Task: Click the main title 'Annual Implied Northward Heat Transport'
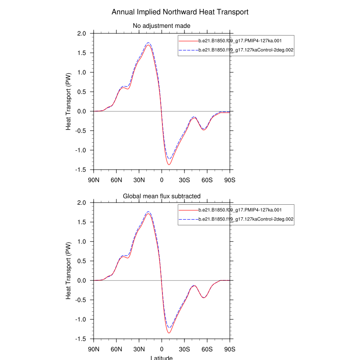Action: click(180, 12)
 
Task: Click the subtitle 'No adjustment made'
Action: click(162, 26)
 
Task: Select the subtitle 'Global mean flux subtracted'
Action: click(162, 196)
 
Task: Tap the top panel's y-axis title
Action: click(68, 102)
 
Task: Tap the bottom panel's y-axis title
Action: click(68, 271)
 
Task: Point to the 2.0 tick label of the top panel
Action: click(81, 34)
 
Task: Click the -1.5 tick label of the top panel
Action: click(81, 170)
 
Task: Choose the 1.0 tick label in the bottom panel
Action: click(81, 242)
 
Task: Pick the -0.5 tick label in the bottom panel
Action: click(81, 300)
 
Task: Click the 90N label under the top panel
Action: click(94, 180)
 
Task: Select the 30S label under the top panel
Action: click(184, 180)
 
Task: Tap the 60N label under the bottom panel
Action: click(117, 350)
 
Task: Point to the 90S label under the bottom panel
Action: click(230, 350)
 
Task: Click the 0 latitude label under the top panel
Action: click(162, 180)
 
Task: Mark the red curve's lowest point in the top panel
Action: click(169, 165)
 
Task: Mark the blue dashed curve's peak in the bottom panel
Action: click(148, 211)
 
